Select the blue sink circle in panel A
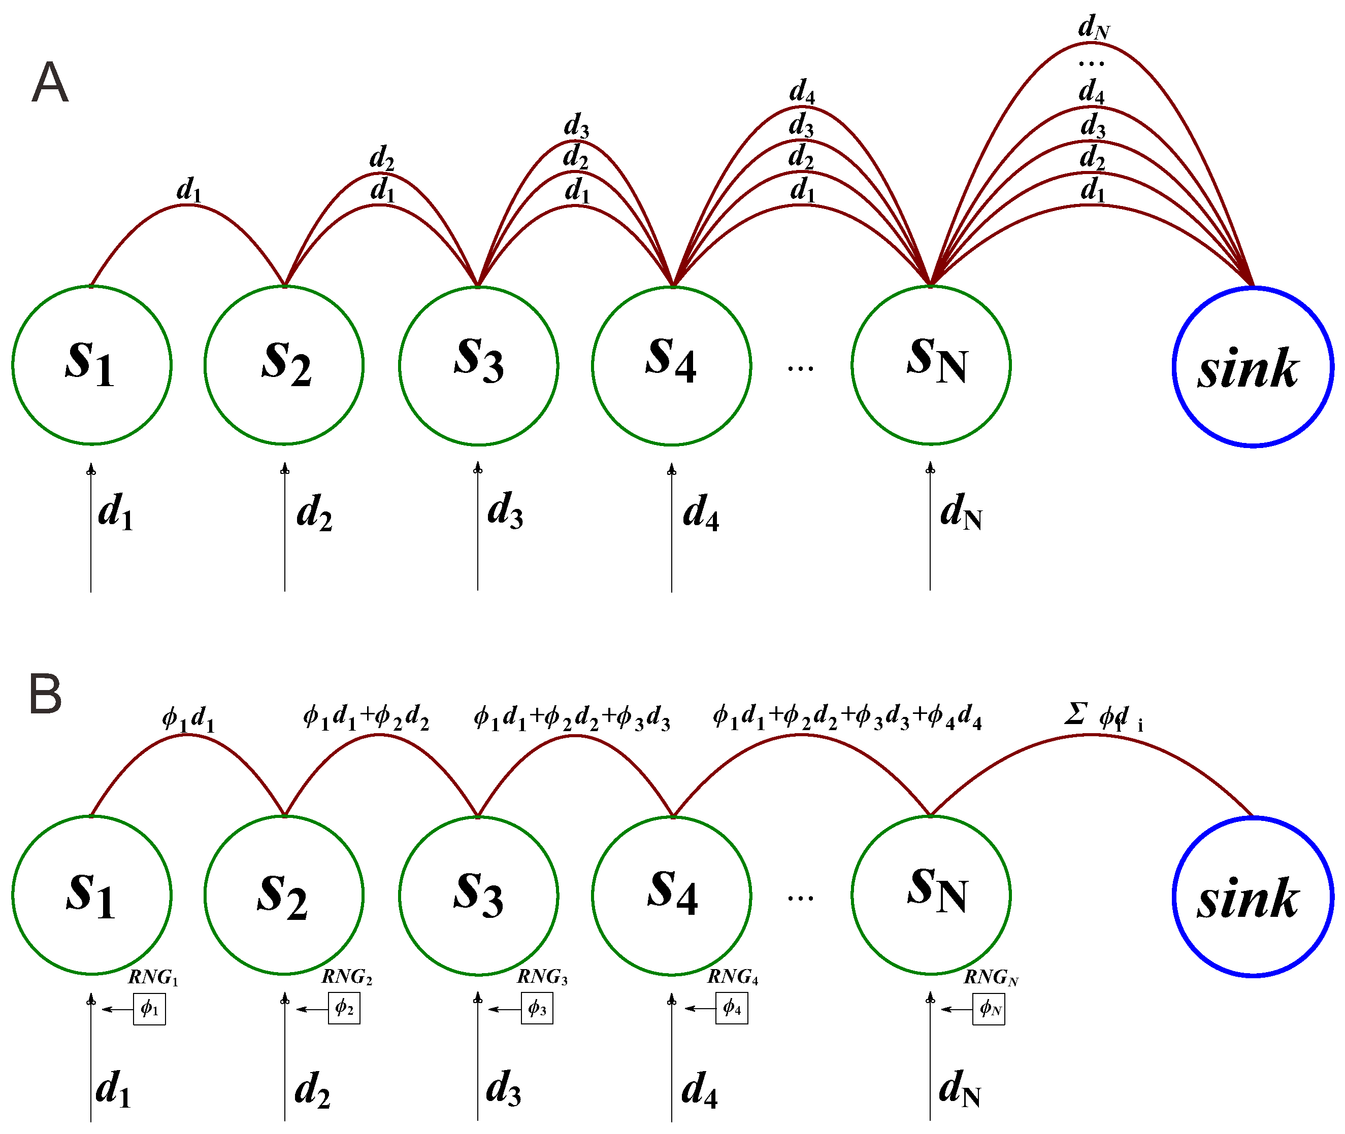click(1253, 366)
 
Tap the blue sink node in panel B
click(1253, 897)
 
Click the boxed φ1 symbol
click(149, 1009)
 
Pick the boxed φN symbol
click(988, 1009)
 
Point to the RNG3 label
click(542, 977)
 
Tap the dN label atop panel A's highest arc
click(1093, 27)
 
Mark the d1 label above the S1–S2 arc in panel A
click(188, 190)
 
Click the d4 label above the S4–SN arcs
click(802, 91)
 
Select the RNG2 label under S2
click(347, 977)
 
